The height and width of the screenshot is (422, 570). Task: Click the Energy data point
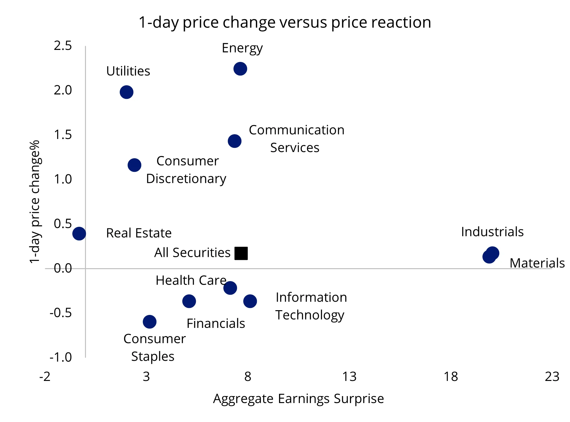(240, 69)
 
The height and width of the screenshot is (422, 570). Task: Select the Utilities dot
(126, 92)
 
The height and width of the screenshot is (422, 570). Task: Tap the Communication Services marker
(234, 141)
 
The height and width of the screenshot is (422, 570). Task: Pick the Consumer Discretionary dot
(134, 165)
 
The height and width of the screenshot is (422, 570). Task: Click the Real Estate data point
(79, 233)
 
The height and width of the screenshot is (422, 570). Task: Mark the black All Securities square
(241, 253)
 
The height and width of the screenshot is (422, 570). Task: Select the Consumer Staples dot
(149, 322)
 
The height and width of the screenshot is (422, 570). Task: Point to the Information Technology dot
(250, 301)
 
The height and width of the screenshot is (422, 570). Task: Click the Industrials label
(492, 232)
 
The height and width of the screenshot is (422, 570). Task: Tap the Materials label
(537, 263)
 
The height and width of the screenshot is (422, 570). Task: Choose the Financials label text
(216, 323)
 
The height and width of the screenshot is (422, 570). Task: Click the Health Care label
(191, 280)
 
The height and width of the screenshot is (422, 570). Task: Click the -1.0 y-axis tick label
(61, 357)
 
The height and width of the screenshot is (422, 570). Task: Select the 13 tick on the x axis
(349, 377)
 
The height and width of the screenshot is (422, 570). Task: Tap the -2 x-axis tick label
(45, 377)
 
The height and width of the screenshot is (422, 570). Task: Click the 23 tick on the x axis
(552, 377)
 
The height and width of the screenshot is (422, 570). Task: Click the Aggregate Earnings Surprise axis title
(298, 399)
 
